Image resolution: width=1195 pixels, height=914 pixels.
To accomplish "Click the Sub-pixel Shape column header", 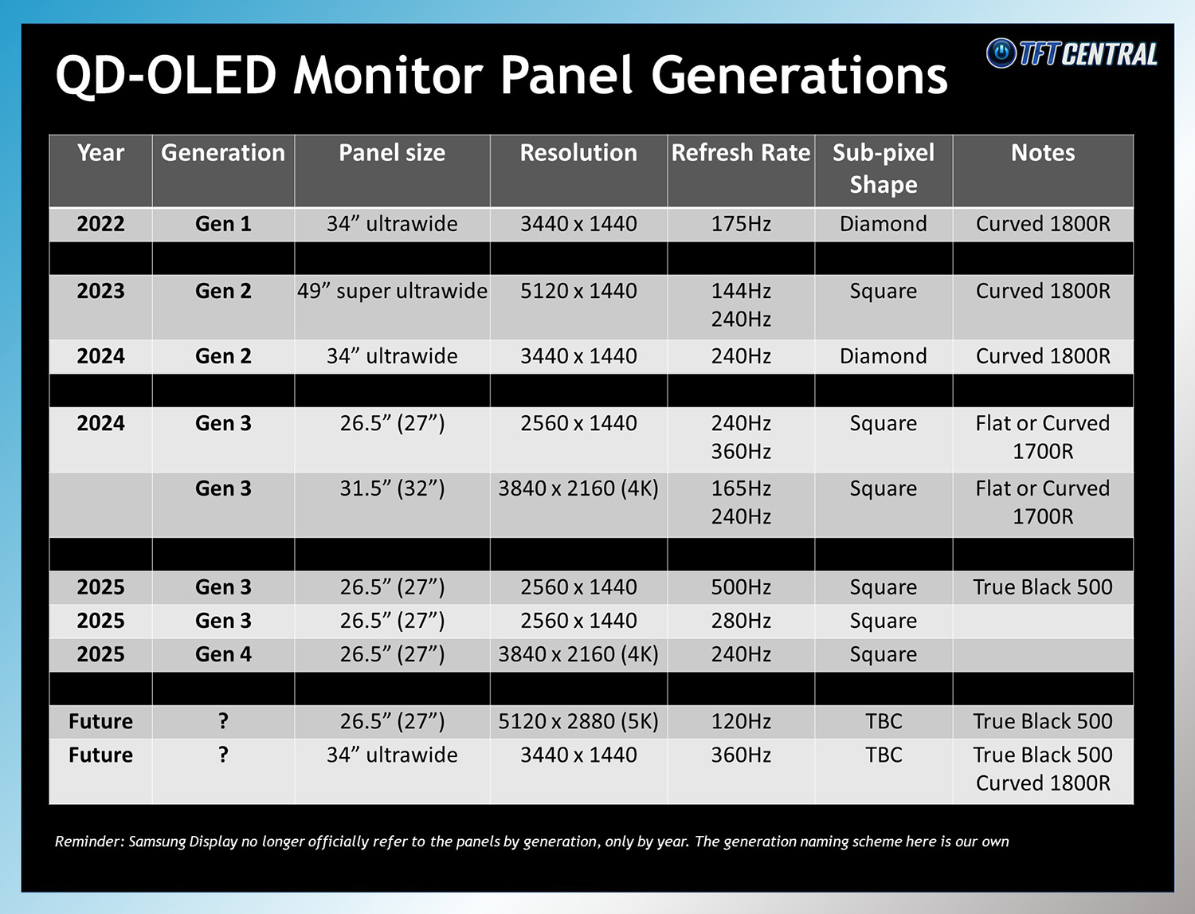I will click(883, 169).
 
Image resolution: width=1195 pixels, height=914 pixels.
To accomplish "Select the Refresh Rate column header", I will click(740, 153).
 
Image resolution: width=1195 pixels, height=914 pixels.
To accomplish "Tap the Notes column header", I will click(1042, 153).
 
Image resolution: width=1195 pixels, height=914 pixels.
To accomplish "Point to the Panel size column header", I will click(392, 153).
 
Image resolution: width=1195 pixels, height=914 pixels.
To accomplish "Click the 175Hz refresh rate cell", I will click(740, 224).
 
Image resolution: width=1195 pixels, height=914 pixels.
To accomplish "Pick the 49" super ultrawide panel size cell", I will click(392, 291).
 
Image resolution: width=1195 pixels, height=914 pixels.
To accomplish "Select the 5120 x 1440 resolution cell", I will click(578, 291).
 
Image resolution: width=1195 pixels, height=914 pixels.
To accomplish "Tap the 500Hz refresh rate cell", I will click(740, 587).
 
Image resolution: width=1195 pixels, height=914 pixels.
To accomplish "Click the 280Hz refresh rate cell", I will click(740, 621).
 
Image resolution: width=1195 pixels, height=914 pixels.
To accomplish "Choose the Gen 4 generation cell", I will click(223, 654).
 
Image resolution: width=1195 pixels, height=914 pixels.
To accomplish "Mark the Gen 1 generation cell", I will click(223, 224).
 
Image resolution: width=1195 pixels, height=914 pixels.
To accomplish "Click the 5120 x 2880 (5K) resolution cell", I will click(578, 721).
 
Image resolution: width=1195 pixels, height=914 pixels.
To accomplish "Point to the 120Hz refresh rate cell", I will click(740, 721).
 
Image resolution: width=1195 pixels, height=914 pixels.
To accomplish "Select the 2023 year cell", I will click(100, 291).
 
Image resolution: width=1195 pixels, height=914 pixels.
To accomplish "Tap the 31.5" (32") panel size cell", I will click(392, 488).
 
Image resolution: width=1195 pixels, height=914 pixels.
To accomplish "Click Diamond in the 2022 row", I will click(883, 224).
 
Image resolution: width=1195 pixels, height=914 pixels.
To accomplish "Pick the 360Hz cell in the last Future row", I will click(740, 755).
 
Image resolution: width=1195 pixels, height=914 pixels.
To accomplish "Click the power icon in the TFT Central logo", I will click(1001, 53).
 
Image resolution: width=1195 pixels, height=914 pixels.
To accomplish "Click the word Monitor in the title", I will click(389, 76).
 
